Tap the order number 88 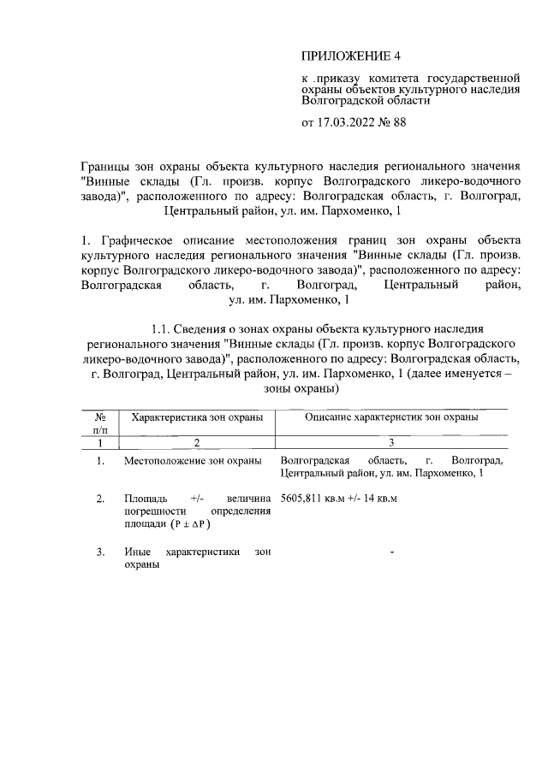coord(397,122)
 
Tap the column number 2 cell coord(196,443)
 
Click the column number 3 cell coord(391,443)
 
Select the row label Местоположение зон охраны coord(193,462)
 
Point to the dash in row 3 coord(391,552)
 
